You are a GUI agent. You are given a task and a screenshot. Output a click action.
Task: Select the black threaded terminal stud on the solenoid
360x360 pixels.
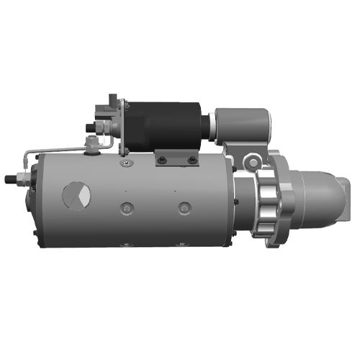click(90, 129)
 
